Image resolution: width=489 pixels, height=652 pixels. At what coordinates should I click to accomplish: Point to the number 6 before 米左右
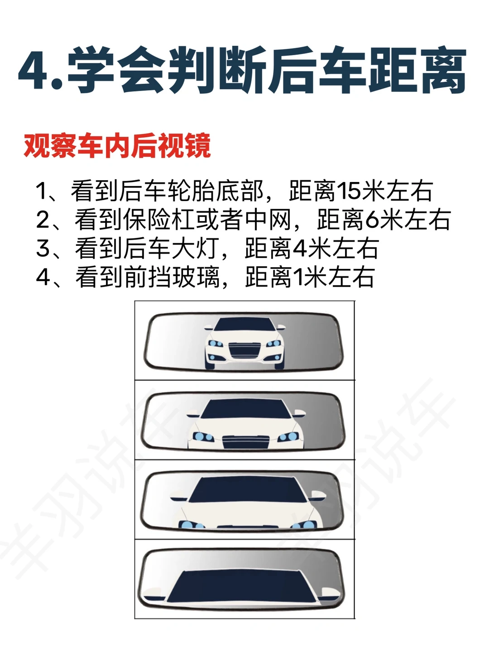(372, 220)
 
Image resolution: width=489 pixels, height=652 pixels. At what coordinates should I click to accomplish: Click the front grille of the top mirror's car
(244, 350)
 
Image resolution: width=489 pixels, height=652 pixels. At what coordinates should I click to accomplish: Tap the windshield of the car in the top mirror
(244, 324)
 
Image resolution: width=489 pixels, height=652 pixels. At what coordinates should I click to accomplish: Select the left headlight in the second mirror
(203, 436)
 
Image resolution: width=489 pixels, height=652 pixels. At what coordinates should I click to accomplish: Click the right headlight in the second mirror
(288, 436)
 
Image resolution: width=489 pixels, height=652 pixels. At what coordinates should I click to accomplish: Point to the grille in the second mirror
(245, 442)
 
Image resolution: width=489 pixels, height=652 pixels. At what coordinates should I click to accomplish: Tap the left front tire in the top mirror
(210, 365)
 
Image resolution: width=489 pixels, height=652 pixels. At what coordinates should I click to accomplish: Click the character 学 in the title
(91, 71)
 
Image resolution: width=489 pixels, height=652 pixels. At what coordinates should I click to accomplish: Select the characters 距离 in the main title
(417, 71)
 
